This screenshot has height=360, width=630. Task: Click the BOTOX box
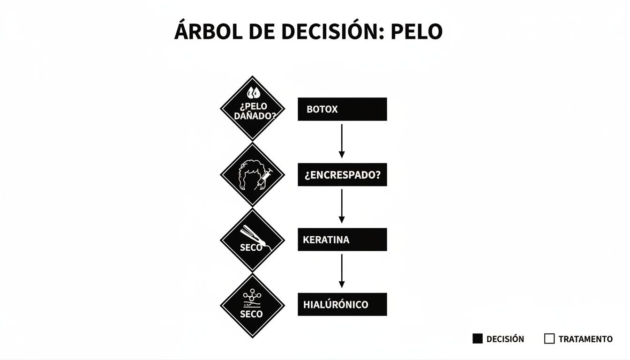pos(342,109)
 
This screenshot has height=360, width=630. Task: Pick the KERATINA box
pos(342,240)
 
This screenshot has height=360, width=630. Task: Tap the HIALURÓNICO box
pos(342,304)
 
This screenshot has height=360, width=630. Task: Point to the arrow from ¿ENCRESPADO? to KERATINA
pos(342,206)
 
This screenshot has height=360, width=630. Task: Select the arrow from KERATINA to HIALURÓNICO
pos(342,270)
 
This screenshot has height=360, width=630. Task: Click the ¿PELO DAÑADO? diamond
pos(253,108)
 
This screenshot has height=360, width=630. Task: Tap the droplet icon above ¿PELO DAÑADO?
pos(253,92)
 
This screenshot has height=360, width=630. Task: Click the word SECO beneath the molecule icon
pos(251,314)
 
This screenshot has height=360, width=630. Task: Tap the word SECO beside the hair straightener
pos(251,247)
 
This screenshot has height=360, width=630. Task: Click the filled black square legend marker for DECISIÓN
pos(477,338)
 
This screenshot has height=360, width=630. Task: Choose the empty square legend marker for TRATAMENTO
pos(549,338)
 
